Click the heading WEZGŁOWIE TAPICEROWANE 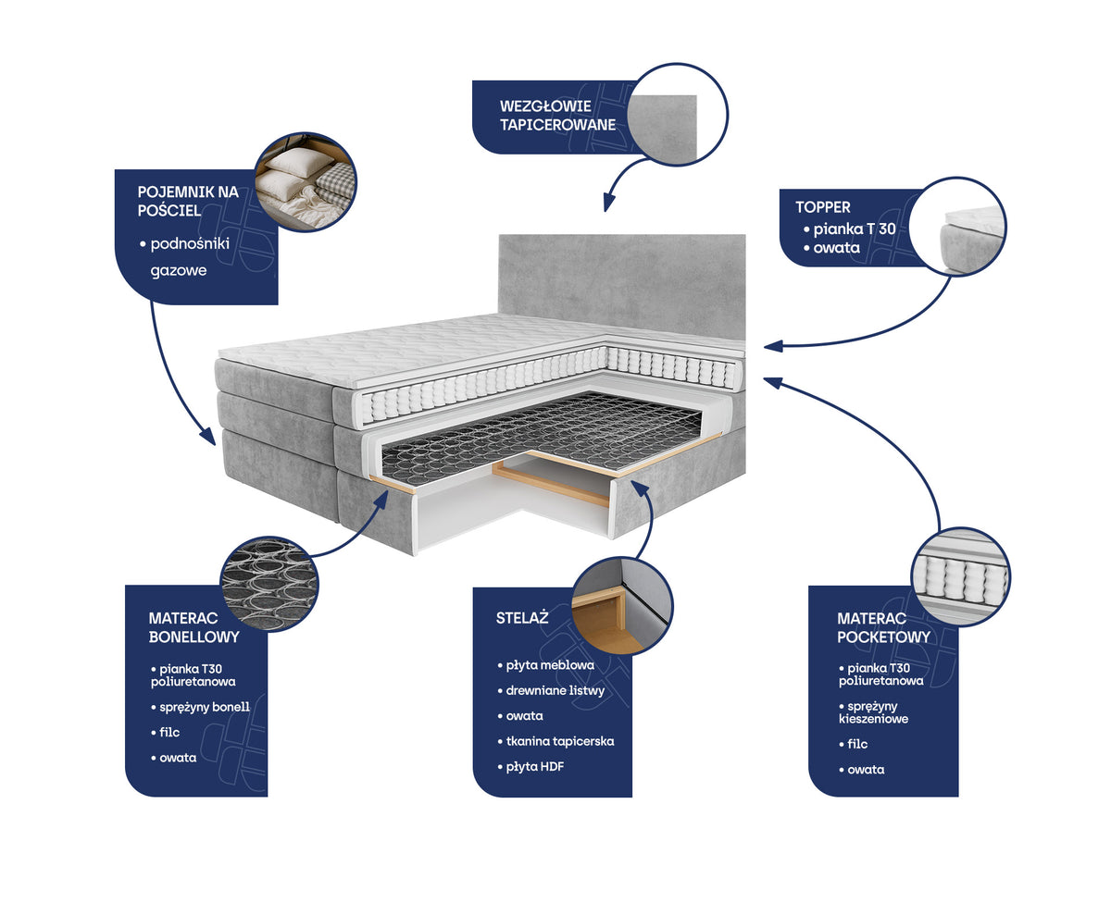tap(557, 115)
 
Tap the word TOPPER tap(823, 207)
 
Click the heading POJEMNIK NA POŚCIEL tap(188, 201)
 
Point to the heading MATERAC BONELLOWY tap(193, 627)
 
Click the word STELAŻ tap(522, 618)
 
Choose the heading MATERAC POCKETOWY tap(883, 627)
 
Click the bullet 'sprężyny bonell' tap(201, 707)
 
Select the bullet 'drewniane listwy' tap(551, 690)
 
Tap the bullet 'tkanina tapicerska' tap(555, 741)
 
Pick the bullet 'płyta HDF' tap(531, 766)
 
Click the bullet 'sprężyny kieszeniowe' tap(873, 712)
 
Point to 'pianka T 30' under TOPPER tap(850, 229)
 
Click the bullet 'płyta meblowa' tap(546, 664)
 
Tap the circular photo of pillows tap(306, 182)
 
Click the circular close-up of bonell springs tap(269, 583)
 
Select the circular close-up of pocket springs tap(960, 576)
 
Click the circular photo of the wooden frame tap(622, 606)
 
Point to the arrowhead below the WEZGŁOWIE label tap(608, 204)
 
